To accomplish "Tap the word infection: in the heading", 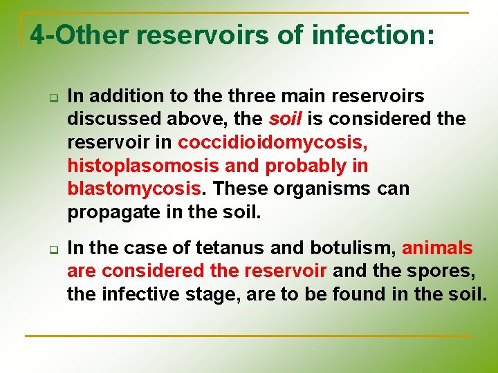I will pos(373,34).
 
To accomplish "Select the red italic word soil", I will pos(286,119).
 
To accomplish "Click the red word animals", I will pos(437,248).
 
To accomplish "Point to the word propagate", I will pos(111,212).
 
